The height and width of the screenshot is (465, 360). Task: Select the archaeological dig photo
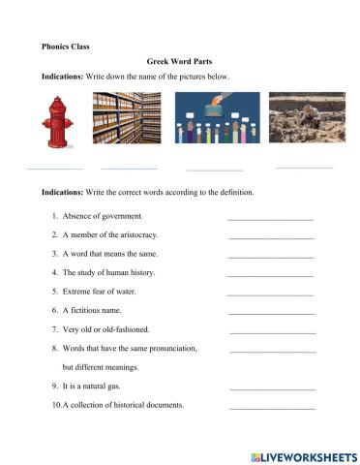pos(306,120)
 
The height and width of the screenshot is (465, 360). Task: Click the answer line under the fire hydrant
pos(54,168)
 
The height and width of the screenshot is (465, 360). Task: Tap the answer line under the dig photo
pos(305,167)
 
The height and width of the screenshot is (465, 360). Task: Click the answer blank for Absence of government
pos(270,219)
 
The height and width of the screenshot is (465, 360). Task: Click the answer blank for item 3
pos(270,257)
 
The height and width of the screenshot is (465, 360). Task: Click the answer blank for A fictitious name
pos(271,313)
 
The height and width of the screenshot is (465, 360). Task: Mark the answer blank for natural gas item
pos(273,388)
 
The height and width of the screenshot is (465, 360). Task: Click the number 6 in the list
pos(54,310)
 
